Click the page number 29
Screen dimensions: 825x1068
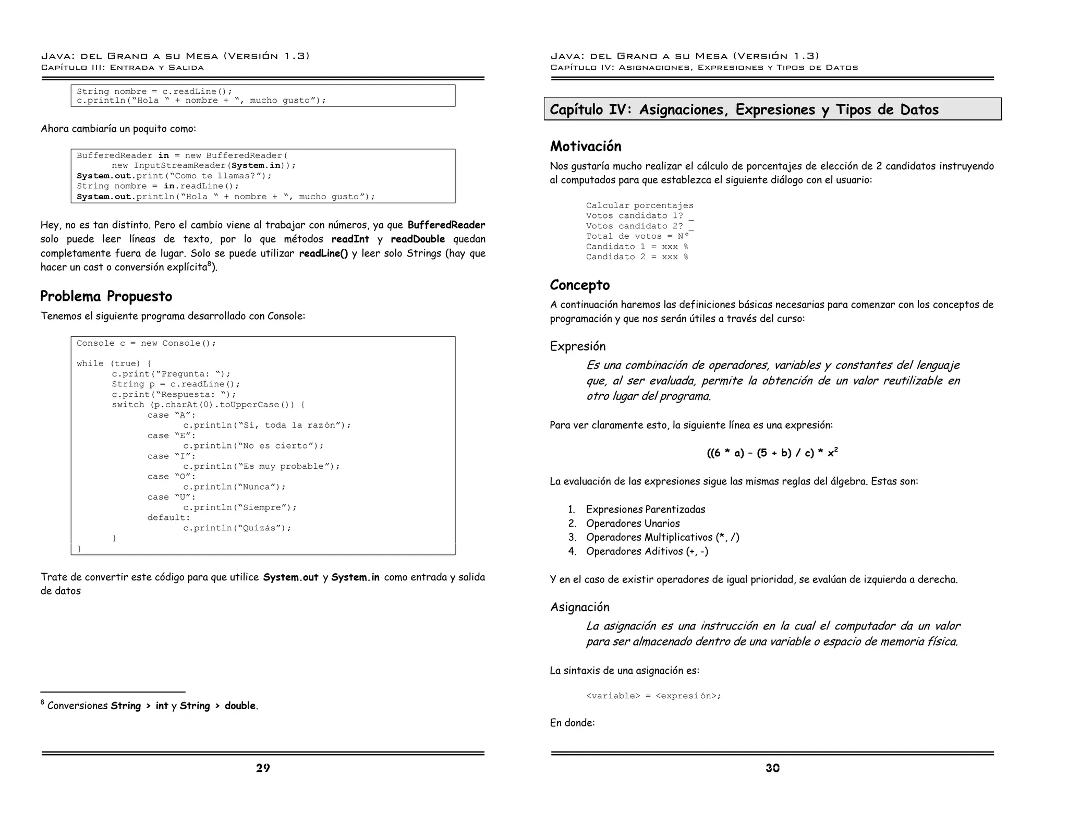tap(263, 768)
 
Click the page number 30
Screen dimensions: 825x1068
tap(772, 768)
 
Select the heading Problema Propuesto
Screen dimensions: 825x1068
tap(106, 296)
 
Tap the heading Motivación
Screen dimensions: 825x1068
tap(586, 146)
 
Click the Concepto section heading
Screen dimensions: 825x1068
tap(579, 285)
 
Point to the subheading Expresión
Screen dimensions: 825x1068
tap(577, 346)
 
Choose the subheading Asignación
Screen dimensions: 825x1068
tap(579, 607)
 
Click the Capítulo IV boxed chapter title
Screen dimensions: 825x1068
tap(744, 110)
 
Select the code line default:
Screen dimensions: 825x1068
tap(168, 517)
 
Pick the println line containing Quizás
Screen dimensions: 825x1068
tap(237, 528)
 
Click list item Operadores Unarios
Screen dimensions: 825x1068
tap(633, 523)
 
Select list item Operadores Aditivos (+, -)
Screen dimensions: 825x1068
tap(647, 551)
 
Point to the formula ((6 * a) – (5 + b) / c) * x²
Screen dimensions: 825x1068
tap(772, 453)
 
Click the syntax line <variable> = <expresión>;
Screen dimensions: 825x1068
tap(653, 696)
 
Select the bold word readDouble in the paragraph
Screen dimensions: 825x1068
tap(417, 239)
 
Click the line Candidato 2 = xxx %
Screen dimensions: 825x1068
tap(636, 257)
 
